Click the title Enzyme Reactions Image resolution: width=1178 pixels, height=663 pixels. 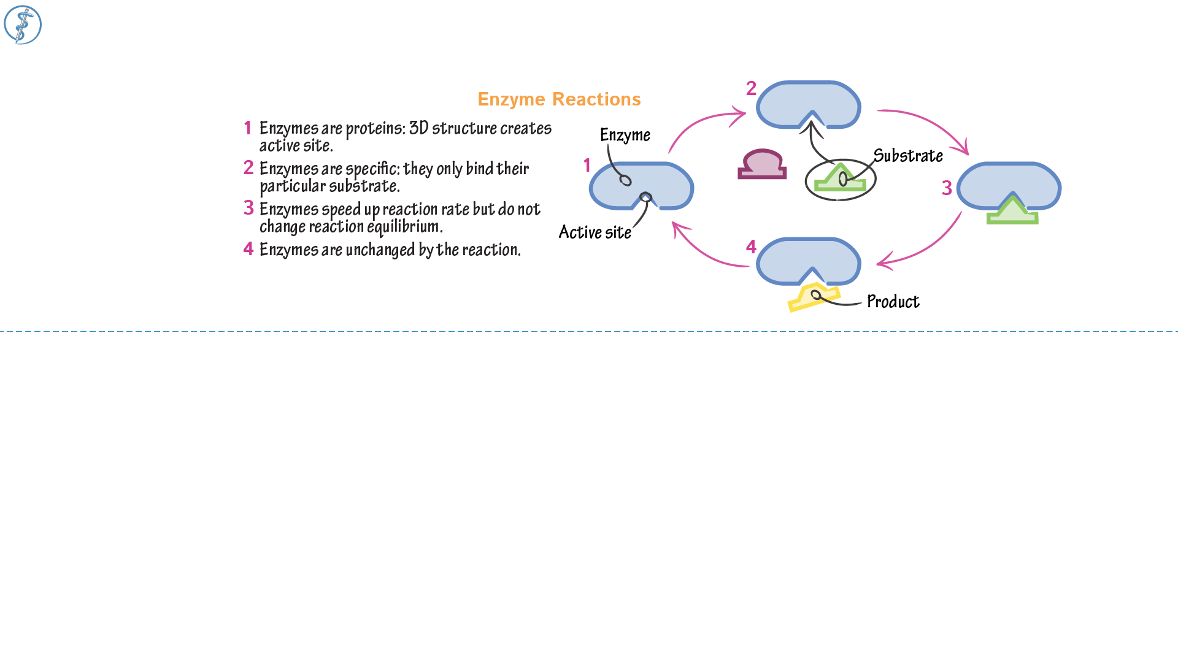click(559, 99)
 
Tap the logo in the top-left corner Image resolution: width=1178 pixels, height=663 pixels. click(23, 25)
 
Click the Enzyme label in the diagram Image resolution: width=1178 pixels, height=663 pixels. click(625, 135)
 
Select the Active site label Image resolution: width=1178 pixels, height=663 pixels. click(595, 232)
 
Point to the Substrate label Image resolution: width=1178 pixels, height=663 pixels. click(907, 156)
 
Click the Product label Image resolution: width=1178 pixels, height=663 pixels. click(893, 302)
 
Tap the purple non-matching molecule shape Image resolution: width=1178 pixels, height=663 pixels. click(762, 165)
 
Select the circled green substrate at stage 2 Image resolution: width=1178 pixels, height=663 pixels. click(840, 180)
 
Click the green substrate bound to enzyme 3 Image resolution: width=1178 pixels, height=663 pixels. click(1012, 212)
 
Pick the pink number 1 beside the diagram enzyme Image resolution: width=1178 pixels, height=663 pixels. click(587, 166)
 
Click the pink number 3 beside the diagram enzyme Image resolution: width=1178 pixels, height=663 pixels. click(947, 188)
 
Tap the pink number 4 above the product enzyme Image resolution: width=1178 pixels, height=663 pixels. click(751, 247)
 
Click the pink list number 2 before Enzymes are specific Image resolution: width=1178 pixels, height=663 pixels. click(248, 168)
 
